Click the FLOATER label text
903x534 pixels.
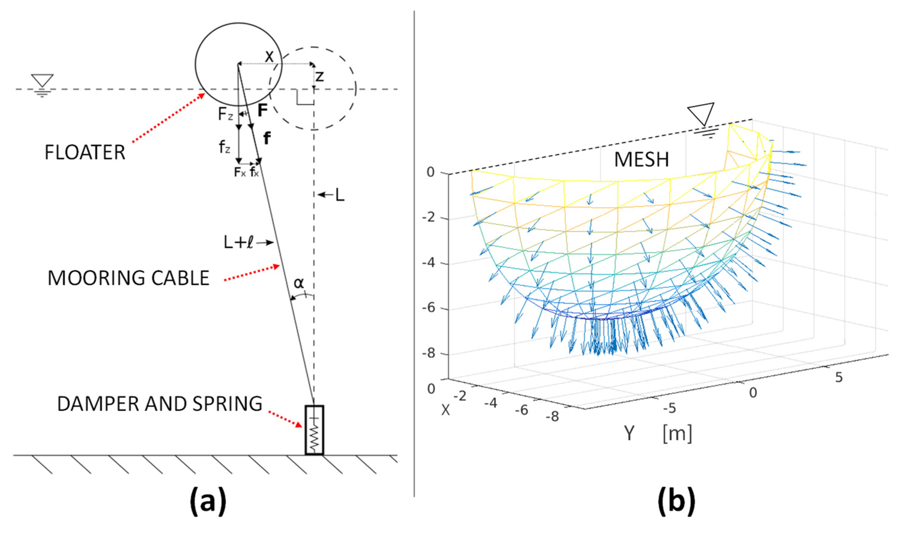(x=85, y=152)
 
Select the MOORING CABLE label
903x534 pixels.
(x=129, y=278)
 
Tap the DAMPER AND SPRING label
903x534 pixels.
(x=159, y=404)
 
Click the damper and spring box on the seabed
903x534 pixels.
(x=314, y=430)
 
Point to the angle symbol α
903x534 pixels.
(x=299, y=283)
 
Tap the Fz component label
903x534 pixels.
(x=226, y=115)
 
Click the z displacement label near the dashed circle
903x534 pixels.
(x=319, y=76)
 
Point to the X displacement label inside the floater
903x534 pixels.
(x=269, y=57)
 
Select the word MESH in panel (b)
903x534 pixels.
(x=641, y=159)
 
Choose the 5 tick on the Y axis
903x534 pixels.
(x=839, y=377)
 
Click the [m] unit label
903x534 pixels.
(x=677, y=433)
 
